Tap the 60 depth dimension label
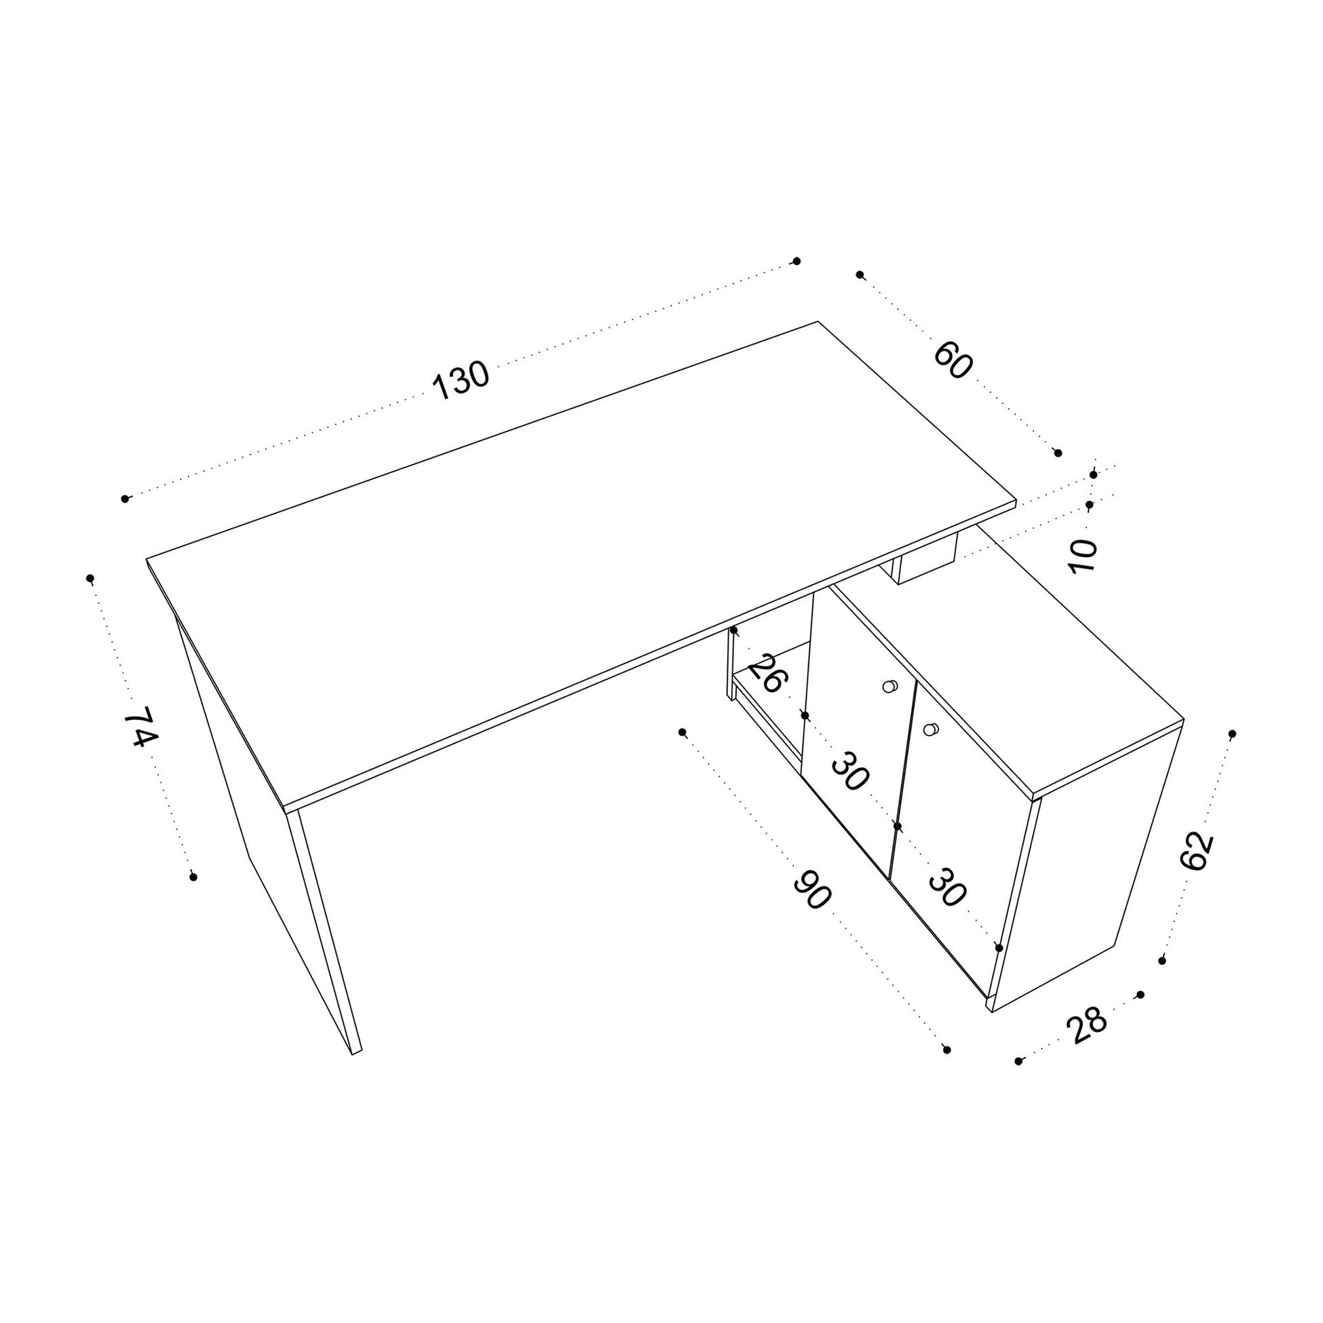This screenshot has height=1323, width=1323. pyautogui.click(x=953, y=361)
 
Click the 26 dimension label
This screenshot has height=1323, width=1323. pyautogui.click(x=767, y=674)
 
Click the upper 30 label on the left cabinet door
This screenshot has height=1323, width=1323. pyautogui.click(x=851, y=771)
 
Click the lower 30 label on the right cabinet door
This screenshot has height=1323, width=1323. pyautogui.click(x=947, y=887)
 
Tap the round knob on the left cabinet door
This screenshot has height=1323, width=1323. pyautogui.click(x=889, y=686)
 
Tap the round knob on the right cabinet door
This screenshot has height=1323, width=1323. pyautogui.click(x=929, y=730)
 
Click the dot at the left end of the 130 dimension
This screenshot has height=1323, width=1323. pyautogui.click(x=125, y=499)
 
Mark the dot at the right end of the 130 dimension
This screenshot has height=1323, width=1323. pyautogui.click(x=796, y=261)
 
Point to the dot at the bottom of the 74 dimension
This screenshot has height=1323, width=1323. pyautogui.click(x=194, y=877)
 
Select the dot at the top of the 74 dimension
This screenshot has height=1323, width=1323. pyautogui.click(x=90, y=579)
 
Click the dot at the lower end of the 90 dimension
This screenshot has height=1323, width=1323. pyautogui.click(x=947, y=1069)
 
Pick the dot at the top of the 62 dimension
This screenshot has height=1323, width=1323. pyautogui.click(x=1232, y=734)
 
